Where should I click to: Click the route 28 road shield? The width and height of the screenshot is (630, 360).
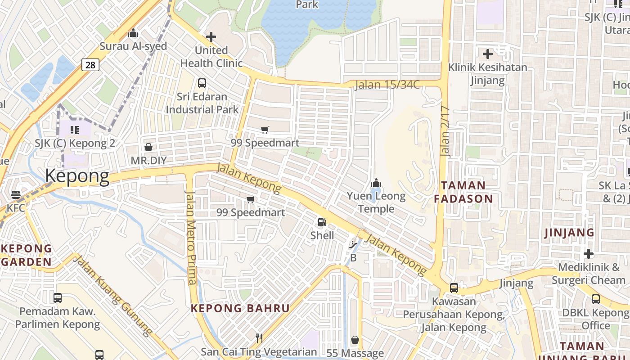coord(90,65)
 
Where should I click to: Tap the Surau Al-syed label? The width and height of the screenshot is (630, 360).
coord(133,46)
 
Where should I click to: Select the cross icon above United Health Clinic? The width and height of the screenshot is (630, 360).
coord(211,37)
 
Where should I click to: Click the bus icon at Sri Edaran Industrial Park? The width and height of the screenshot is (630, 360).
coord(202,83)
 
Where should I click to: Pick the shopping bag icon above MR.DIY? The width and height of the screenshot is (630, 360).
coord(148,147)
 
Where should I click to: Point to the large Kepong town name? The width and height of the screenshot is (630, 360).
coord(77,176)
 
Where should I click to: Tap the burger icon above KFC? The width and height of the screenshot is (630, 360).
coord(16,195)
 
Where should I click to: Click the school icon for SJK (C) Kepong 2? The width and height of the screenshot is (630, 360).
coord(75,130)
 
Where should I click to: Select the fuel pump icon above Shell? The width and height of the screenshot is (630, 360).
coord(322,222)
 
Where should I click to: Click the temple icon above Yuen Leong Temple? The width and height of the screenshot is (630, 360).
coord(376,183)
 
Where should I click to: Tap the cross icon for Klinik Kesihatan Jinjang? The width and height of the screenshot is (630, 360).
coord(488,54)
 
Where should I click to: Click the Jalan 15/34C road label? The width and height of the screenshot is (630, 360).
coord(387,85)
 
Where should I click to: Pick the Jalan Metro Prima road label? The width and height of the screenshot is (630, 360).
coord(191,238)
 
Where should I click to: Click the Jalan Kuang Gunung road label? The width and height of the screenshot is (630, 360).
coord(113,296)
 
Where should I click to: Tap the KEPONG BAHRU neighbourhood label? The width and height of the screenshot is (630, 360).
coord(240,308)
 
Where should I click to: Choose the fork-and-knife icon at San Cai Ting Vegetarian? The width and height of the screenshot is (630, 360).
coord(259,338)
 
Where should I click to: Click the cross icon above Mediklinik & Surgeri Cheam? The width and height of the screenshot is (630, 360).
coord(589,253)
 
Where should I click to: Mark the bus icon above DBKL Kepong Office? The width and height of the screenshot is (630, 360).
coord(596,299)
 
